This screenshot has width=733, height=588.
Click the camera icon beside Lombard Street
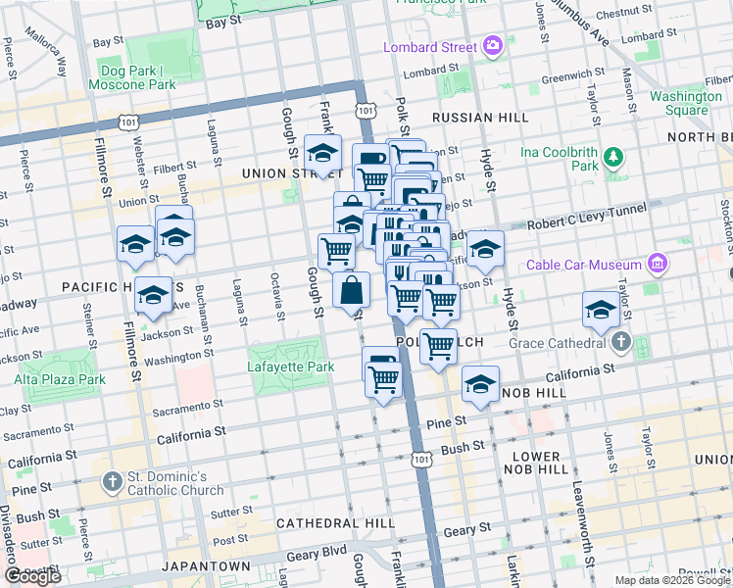(492, 46)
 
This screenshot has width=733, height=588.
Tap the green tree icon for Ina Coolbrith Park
(614, 156)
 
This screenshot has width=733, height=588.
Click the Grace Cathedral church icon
(620, 343)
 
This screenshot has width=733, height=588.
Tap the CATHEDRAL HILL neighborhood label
(327, 523)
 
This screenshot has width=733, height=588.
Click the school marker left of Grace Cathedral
(601, 311)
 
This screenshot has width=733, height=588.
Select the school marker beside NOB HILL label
(480, 384)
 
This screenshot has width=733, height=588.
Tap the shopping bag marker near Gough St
(351, 291)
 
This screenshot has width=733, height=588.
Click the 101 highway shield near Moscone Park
(127, 121)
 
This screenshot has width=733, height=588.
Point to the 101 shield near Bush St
(421, 459)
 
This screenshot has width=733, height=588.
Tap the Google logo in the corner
(32, 576)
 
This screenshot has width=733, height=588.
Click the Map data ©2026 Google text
(671, 580)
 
